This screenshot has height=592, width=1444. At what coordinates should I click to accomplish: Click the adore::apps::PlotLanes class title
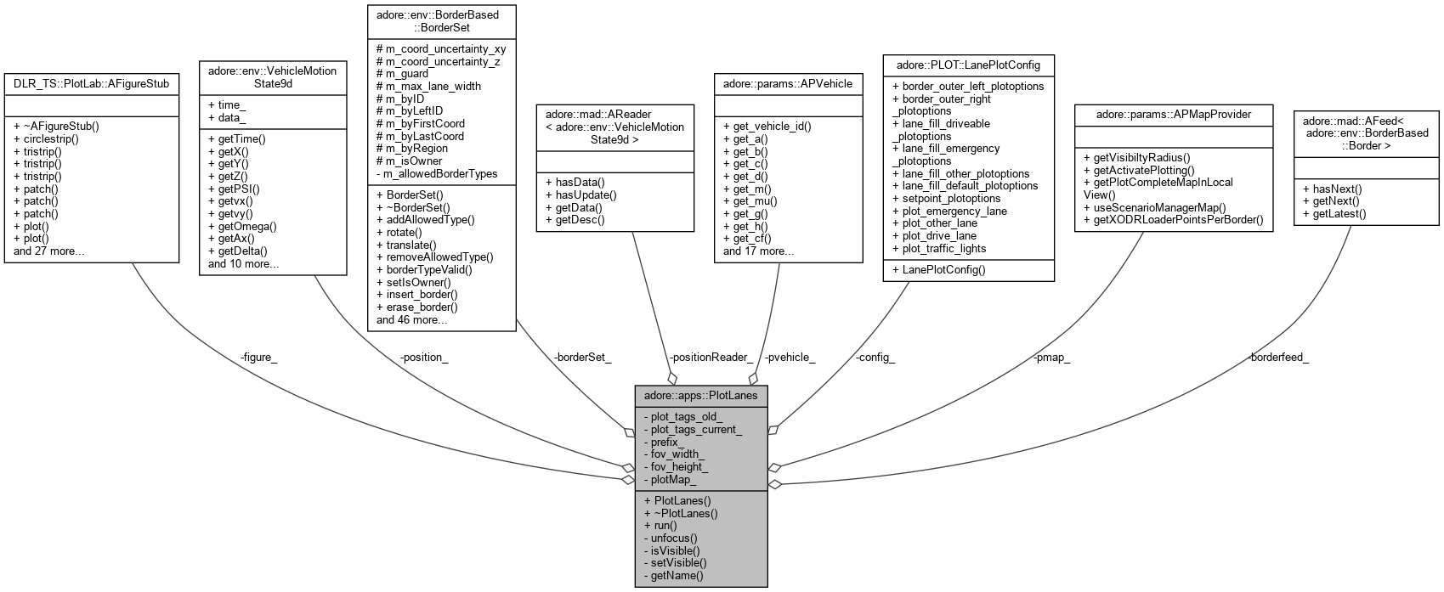[700, 395]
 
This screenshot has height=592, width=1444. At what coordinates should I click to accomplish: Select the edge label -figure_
[258, 357]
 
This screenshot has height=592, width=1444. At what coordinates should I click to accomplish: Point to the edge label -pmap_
[1051, 357]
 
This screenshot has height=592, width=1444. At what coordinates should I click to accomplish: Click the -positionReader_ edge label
[711, 357]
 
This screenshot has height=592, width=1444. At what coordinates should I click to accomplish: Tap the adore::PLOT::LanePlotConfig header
[967, 65]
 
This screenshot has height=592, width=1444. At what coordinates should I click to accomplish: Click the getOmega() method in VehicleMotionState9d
[247, 226]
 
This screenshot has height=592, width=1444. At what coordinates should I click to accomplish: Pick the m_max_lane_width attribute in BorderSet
[428, 86]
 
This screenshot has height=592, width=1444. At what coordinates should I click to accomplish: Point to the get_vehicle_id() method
[767, 127]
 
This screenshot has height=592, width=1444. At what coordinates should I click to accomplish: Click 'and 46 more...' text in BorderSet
[412, 319]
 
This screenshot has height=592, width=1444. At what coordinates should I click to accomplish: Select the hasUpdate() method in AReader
[580, 195]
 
